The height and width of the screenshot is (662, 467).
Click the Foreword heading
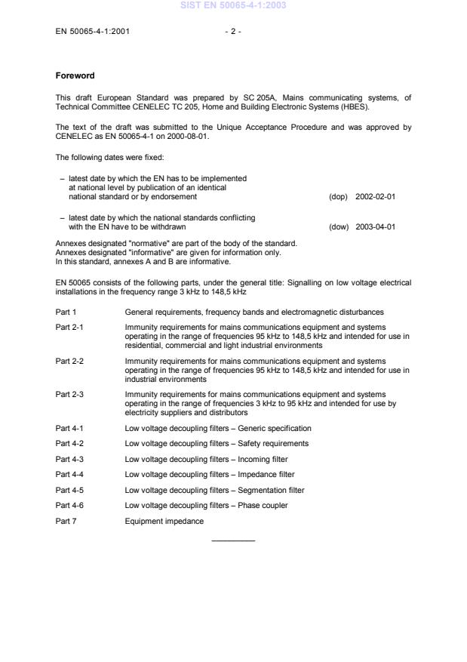[74, 75]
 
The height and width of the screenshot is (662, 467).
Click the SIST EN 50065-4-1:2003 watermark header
[233, 6]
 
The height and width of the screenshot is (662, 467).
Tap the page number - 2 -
[233, 32]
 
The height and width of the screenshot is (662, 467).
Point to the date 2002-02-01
[375, 196]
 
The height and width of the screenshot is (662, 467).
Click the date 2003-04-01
[375, 226]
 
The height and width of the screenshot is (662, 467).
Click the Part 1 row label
[66, 312]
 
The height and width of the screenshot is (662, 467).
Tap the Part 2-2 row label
[69, 362]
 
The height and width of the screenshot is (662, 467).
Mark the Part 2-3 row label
[69, 394]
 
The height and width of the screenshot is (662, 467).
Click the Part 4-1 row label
[69, 428]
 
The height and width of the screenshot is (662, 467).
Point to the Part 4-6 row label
[69, 505]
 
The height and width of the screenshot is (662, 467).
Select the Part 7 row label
[66, 521]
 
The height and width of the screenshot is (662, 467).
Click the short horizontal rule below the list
[233, 540]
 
